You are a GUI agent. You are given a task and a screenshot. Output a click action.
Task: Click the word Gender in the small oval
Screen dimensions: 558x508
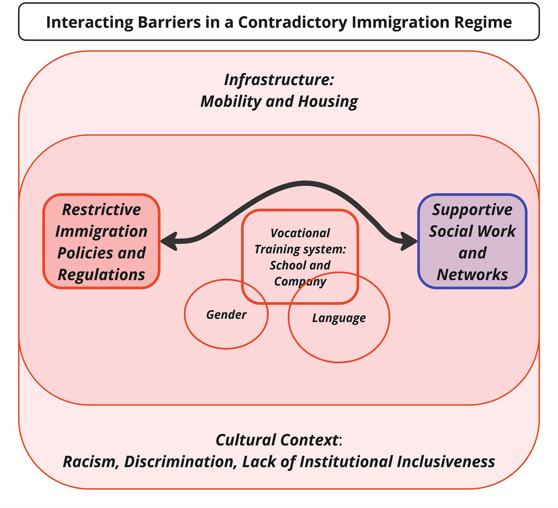[x=226, y=315]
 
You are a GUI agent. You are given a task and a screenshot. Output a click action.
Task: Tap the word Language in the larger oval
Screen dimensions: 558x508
[x=339, y=318]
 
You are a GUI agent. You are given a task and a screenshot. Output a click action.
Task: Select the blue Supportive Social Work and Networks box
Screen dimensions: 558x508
[x=472, y=241]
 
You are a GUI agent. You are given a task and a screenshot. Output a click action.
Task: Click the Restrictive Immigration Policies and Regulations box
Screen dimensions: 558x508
[x=101, y=241]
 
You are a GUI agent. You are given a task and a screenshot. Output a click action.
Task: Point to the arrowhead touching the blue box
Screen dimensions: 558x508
[x=408, y=241]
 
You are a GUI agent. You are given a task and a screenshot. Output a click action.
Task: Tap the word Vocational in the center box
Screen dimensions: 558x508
[x=300, y=233]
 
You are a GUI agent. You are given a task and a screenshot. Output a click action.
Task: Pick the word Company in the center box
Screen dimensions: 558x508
[x=300, y=282]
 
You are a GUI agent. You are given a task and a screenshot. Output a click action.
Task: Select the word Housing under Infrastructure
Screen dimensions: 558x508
[x=328, y=102]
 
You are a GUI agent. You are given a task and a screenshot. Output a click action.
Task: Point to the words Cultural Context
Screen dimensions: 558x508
[x=277, y=440]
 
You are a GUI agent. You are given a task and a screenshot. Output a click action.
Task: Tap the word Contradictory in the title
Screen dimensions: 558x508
[x=292, y=22]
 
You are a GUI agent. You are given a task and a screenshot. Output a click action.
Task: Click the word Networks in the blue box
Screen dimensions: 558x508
[x=472, y=275]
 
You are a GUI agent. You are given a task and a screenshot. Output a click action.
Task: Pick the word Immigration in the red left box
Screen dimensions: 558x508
[x=101, y=231]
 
